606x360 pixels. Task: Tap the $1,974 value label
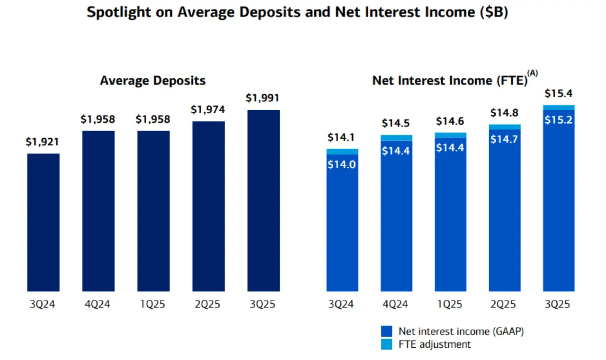click(x=208, y=109)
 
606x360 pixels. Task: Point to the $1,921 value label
click(x=43, y=142)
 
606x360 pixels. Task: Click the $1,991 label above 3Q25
click(x=263, y=98)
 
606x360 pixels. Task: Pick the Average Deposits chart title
click(x=153, y=81)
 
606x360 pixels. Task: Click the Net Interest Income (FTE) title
click(x=450, y=81)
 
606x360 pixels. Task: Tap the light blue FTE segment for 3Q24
click(x=342, y=152)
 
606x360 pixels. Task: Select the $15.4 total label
click(x=559, y=93)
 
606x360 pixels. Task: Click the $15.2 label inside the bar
click(x=559, y=120)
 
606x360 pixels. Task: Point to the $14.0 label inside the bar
click(x=342, y=164)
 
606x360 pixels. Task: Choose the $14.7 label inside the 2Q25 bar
click(x=505, y=140)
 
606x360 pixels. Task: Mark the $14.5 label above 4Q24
click(x=396, y=124)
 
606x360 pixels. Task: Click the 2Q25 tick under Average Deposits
click(x=208, y=304)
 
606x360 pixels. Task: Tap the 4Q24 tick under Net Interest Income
click(x=396, y=304)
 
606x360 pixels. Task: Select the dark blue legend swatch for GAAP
click(x=387, y=331)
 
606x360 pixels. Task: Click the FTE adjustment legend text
click(x=435, y=344)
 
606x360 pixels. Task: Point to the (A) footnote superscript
click(x=533, y=73)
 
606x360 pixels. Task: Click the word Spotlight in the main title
click(x=118, y=13)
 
